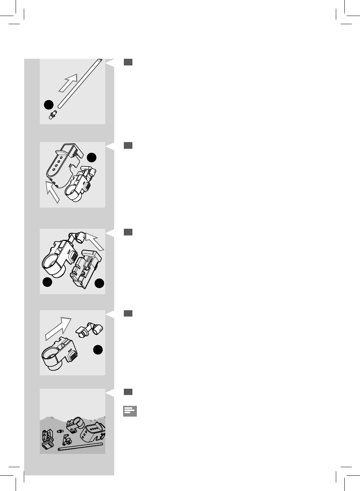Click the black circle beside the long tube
tap(48, 105)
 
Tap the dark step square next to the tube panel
tap(128, 62)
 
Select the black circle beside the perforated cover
tap(92, 158)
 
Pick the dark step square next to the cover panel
tap(128, 145)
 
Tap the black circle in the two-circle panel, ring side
tap(47, 283)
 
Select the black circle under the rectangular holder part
tap(99, 284)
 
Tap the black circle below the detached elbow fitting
tap(98, 350)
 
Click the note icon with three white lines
tap(130, 411)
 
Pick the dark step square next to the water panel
tap(128, 392)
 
